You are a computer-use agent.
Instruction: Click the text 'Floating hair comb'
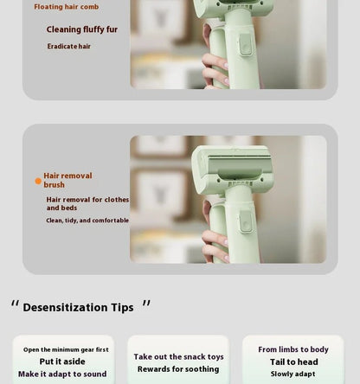pyautogui.click(x=67, y=7)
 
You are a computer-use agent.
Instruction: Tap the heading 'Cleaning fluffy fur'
pyautogui.click(x=82, y=29)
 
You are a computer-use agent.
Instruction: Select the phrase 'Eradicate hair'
pyautogui.click(x=69, y=47)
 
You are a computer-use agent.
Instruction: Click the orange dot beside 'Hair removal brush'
pyautogui.click(x=38, y=181)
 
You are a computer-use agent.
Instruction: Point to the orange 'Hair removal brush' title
pyautogui.click(x=67, y=180)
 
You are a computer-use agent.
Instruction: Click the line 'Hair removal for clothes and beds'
pyautogui.click(x=87, y=203)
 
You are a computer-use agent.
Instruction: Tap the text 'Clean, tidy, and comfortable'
pyautogui.click(x=87, y=221)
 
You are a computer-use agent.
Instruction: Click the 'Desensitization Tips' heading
pyautogui.click(x=78, y=308)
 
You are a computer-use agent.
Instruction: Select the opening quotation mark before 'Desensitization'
pyautogui.click(x=16, y=304)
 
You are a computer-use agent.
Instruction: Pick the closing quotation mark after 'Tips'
pyautogui.click(x=145, y=304)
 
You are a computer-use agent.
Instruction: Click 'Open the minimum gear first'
pyautogui.click(x=66, y=350)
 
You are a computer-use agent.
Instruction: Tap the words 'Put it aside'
pyautogui.click(x=62, y=362)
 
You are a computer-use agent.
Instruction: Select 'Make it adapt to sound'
pyautogui.click(x=62, y=374)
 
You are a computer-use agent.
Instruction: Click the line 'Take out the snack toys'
pyautogui.click(x=178, y=357)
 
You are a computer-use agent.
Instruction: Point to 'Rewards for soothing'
pyautogui.click(x=178, y=369)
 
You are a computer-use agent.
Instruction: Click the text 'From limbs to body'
pyautogui.click(x=293, y=350)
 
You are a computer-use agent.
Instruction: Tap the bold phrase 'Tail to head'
pyautogui.click(x=293, y=362)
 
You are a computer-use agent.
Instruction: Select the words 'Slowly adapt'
pyautogui.click(x=293, y=374)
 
